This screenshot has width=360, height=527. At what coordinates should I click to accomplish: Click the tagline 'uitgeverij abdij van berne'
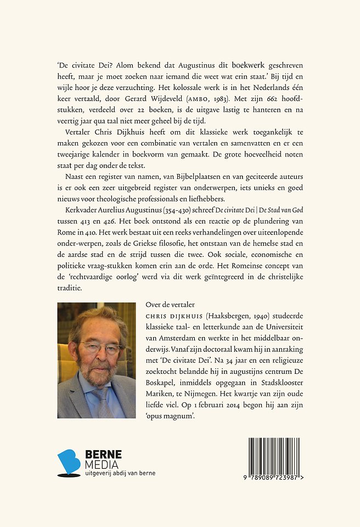(120, 474)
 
